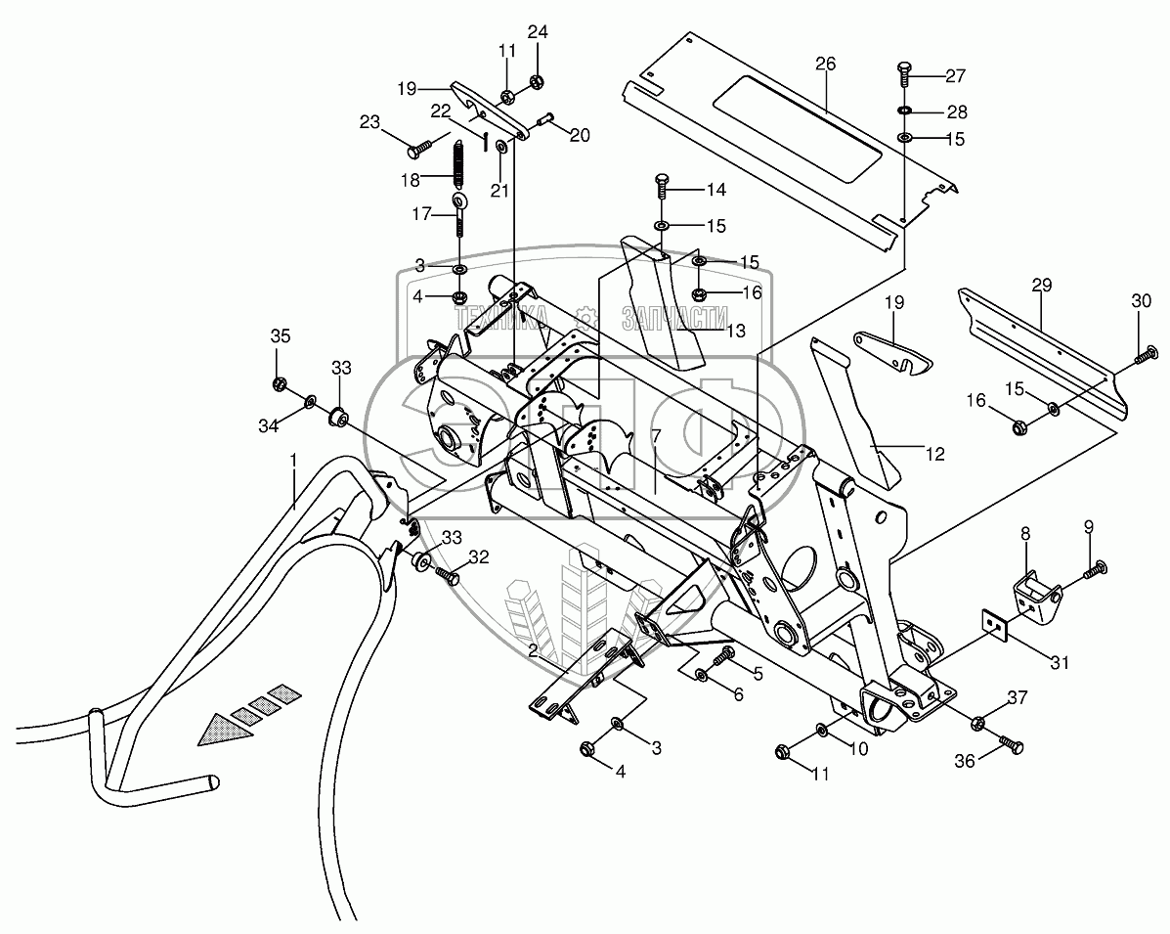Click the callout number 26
826,65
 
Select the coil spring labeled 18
456,165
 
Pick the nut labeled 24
537,82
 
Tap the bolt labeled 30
1144,355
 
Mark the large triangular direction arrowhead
220,729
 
